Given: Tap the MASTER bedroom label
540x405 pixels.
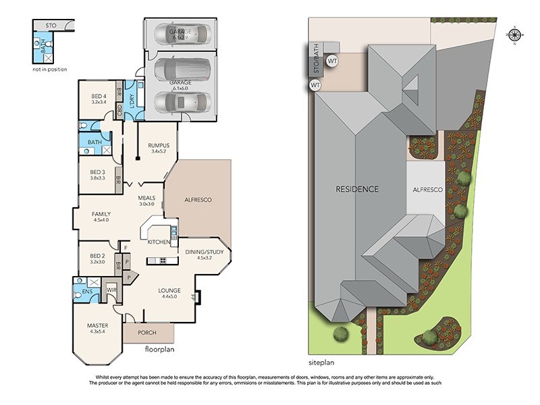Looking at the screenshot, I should pyautogui.click(x=97, y=325).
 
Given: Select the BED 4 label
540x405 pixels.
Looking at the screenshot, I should pyautogui.click(x=99, y=97).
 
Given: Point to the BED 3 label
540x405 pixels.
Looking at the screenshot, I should pyautogui.click(x=99, y=172).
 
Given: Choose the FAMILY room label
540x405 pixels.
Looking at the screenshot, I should pyautogui.click(x=101, y=214).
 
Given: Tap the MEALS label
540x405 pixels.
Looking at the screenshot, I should pyautogui.click(x=147, y=198).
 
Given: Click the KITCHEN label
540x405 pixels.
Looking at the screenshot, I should pyautogui.click(x=159, y=242).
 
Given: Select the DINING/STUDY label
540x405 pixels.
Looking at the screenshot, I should pyautogui.click(x=199, y=252).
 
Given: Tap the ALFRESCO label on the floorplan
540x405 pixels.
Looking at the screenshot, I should pyautogui.click(x=198, y=200).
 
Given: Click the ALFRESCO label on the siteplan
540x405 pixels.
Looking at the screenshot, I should pyautogui.click(x=428, y=190).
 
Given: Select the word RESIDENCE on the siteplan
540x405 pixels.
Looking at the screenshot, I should pyautogui.click(x=357, y=189).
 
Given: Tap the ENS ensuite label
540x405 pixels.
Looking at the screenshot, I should pyautogui.click(x=86, y=291).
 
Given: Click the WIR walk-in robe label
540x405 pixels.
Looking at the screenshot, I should pyautogui.click(x=111, y=291).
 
